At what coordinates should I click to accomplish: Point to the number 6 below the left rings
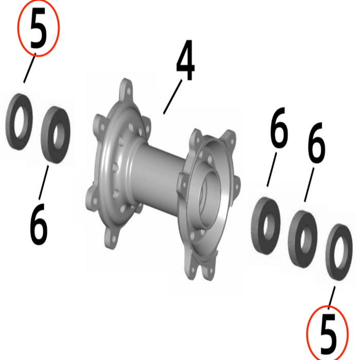[39, 225]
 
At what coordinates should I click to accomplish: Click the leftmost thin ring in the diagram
[19, 121]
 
